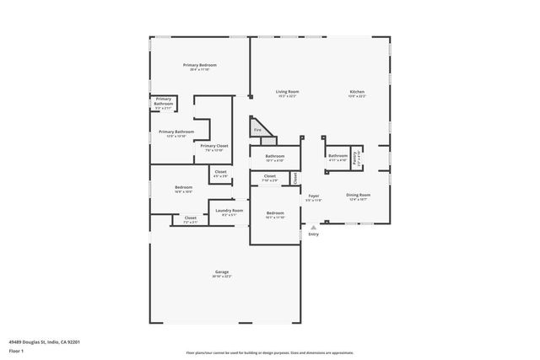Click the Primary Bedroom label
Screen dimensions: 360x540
tap(201, 65)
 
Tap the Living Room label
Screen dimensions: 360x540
tap(288, 92)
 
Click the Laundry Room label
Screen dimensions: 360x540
tap(229, 211)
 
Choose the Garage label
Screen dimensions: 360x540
tap(222, 272)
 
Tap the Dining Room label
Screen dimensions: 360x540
tap(359, 195)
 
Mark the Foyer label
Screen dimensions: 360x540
tap(313, 196)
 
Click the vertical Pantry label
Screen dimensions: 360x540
tap(357, 156)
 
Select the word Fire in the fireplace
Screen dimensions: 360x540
tap(257, 130)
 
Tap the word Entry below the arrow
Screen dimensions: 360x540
tap(313, 234)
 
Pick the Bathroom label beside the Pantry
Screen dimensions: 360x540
tap(337, 155)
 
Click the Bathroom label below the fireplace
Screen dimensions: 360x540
tap(275, 156)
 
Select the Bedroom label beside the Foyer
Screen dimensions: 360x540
tap(275, 212)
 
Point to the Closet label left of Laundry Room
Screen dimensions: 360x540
tap(190, 219)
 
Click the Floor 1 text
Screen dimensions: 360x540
tap(16, 350)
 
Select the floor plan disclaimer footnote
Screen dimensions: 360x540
tap(269, 352)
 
